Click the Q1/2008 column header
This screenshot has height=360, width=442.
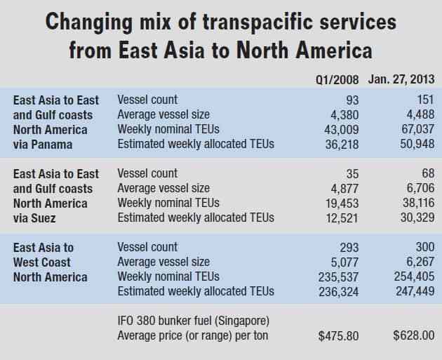click(x=337, y=80)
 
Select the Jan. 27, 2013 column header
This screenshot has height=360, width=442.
click(x=401, y=79)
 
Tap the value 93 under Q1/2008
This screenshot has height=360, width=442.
click(x=352, y=100)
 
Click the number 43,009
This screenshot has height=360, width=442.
click(x=342, y=130)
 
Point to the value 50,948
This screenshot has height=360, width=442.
click(x=417, y=144)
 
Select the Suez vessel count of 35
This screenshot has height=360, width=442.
click(x=352, y=173)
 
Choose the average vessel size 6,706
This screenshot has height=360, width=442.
click(x=420, y=187)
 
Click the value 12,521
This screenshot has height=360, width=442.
click(x=342, y=218)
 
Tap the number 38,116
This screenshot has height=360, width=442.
click(x=417, y=203)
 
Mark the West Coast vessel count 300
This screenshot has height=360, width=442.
click(x=425, y=247)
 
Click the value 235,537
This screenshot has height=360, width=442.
click(x=339, y=276)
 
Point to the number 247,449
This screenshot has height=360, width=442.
click(x=415, y=291)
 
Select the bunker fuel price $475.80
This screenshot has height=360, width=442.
click(x=338, y=336)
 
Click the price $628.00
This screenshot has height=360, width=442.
click(x=414, y=335)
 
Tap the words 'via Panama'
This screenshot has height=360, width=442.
click(x=43, y=145)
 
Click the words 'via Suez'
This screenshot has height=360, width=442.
click(x=34, y=218)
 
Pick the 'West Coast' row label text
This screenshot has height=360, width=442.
click(x=41, y=262)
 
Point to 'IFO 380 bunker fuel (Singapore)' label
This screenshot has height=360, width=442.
click(x=194, y=321)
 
